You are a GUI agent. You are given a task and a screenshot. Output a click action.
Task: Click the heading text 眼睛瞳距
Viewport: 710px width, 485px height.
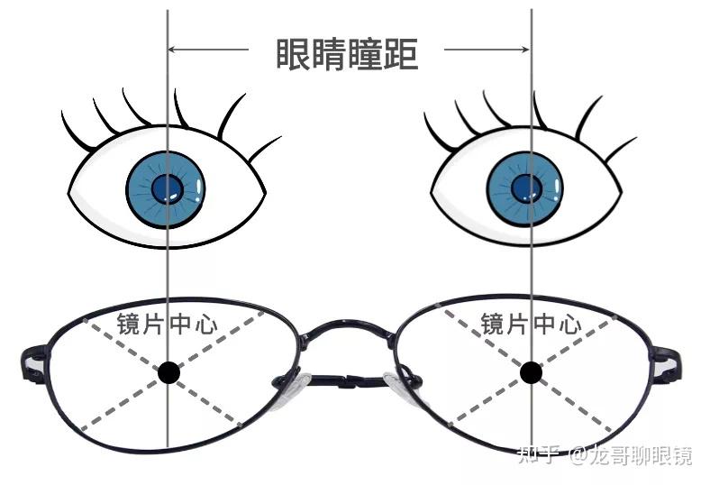[347, 52]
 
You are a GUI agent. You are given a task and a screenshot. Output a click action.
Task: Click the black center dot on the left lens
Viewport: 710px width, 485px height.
[168, 371]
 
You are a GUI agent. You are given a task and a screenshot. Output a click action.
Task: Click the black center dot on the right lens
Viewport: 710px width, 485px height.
[531, 371]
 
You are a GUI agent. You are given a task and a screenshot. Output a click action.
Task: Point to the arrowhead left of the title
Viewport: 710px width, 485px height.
[177, 49]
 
